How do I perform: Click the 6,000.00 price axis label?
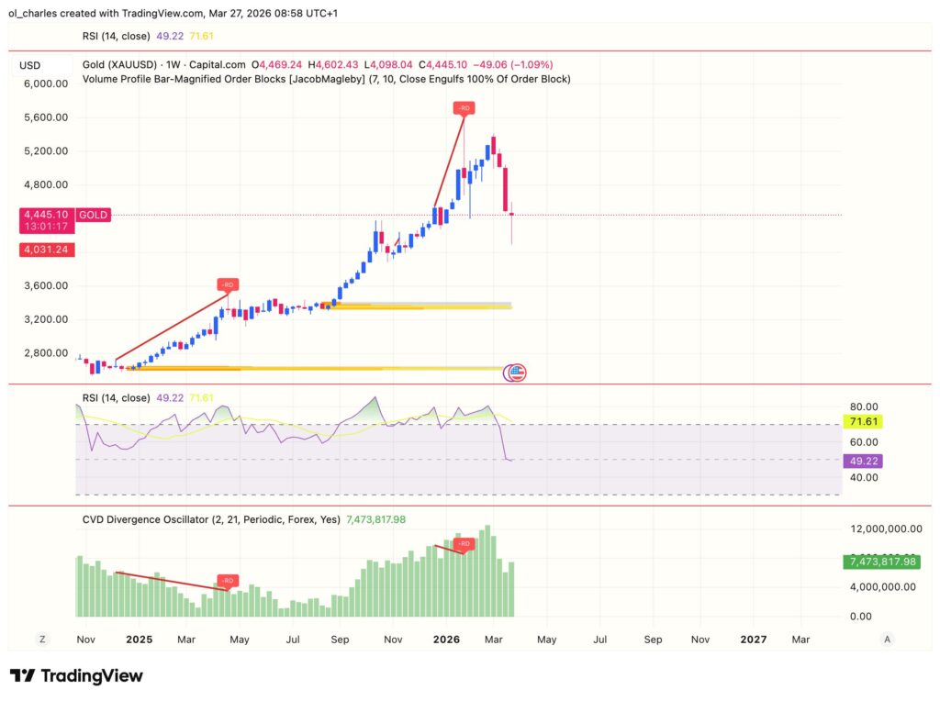tap(47, 83)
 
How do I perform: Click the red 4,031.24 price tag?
tap(47, 249)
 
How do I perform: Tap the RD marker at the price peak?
tap(464, 108)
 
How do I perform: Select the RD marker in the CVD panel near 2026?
tap(464, 544)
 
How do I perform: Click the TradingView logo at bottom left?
tap(77, 676)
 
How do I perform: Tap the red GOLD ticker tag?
tap(94, 215)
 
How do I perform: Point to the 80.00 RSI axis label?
tap(866, 406)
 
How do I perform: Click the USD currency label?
tap(30, 65)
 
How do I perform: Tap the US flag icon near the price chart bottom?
tap(516, 373)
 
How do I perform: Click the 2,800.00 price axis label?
tap(47, 352)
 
